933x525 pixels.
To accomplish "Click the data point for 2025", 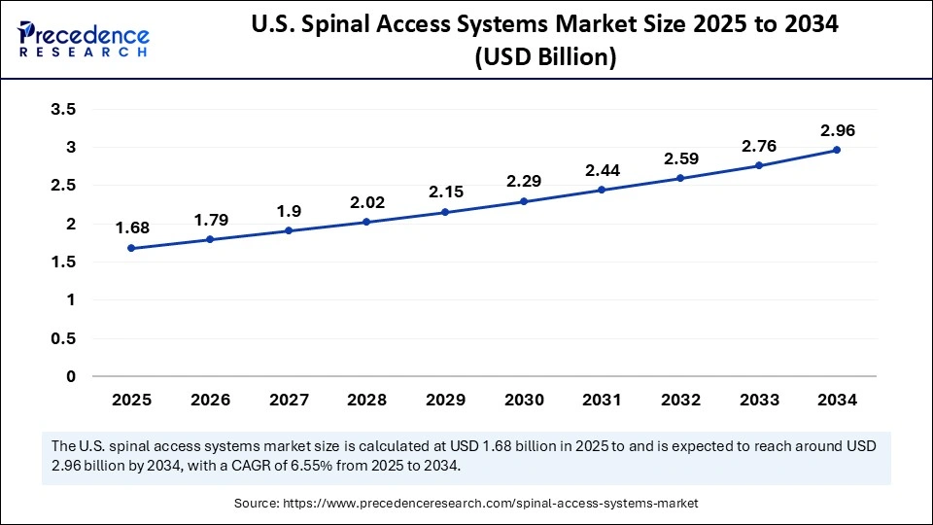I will (131, 248).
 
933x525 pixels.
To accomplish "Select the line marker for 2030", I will (524, 201).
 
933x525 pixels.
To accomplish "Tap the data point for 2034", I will (837, 150).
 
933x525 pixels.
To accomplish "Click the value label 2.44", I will (603, 169).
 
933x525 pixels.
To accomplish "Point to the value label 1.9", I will (289, 211).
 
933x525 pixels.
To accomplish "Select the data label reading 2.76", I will (759, 145).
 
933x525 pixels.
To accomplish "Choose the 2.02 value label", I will (366, 202).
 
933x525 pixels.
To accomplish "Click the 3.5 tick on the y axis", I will (63, 110).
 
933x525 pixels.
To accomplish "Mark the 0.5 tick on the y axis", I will (63, 338).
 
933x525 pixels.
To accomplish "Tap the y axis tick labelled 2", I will (70, 224).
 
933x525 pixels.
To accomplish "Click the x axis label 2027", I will (289, 400).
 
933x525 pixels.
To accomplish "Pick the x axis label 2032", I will (680, 400).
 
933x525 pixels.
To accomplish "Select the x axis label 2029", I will (445, 400).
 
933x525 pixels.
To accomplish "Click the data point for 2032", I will (680, 178).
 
